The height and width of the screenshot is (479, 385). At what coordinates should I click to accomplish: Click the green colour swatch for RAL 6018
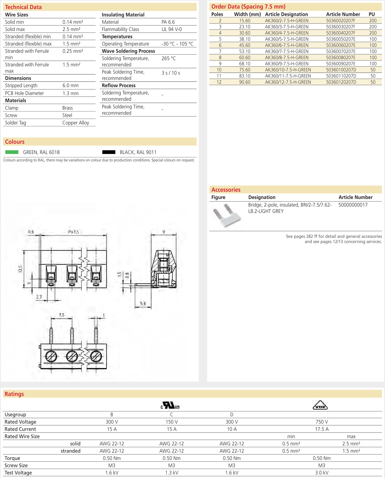click(x=12, y=152)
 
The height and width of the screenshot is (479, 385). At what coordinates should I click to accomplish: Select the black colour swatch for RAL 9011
click(x=109, y=152)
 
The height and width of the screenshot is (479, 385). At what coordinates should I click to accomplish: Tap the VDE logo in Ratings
click(x=320, y=405)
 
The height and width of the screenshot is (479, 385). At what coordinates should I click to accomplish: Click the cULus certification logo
click(x=170, y=406)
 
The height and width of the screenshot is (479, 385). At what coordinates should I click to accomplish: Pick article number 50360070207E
click(x=341, y=51)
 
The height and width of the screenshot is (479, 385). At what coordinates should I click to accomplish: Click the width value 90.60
click(x=245, y=82)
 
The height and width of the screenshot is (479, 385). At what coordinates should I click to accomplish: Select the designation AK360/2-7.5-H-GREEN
click(x=286, y=21)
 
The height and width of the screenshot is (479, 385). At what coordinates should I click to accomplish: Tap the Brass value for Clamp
click(x=68, y=108)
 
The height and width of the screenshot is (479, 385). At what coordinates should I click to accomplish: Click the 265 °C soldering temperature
click(x=169, y=58)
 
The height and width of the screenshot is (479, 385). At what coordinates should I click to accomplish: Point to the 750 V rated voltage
click(x=322, y=422)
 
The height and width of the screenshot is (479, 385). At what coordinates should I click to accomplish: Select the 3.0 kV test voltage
click(x=322, y=473)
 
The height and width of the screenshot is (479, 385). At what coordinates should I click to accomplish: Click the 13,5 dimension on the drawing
click(x=20, y=269)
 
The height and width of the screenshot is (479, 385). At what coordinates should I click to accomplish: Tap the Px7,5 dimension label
click(x=73, y=232)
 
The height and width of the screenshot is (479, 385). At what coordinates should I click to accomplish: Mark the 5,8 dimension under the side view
click(x=143, y=304)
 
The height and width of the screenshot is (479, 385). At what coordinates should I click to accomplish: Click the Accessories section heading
click(x=226, y=190)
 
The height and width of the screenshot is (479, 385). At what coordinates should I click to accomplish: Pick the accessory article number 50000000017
click(x=353, y=205)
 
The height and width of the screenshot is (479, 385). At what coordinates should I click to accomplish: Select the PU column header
click(x=372, y=14)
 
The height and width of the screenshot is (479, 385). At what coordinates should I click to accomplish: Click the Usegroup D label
click(x=232, y=414)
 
